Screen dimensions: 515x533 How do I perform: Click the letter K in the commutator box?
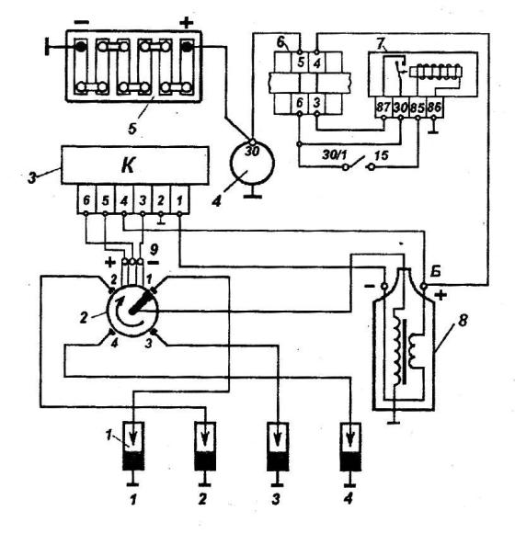tap(128, 165)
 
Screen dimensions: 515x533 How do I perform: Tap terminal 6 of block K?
tap(86, 200)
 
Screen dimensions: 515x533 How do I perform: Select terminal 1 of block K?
tap(179, 200)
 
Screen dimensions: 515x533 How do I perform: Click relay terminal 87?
tap(383, 108)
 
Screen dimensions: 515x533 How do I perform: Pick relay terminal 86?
tap(434, 108)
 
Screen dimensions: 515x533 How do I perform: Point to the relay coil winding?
tap(436, 72)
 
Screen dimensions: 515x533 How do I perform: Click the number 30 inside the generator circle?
tap(252, 151)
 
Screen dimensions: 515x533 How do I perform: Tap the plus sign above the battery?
tap(186, 23)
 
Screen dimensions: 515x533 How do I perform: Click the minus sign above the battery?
tap(81, 22)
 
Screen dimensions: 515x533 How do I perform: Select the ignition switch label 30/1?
tap(335, 155)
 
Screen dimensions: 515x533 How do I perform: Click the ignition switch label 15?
tap(382, 155)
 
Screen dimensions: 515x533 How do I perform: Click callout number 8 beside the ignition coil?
tap(463, 321)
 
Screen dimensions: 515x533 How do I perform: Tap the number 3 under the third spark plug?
tap(276, 499)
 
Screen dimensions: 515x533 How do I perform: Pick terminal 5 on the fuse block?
tap(301, 62)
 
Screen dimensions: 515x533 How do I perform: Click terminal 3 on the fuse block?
tap(316, 103)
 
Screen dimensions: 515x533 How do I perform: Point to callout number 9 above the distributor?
tap(154, 250)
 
